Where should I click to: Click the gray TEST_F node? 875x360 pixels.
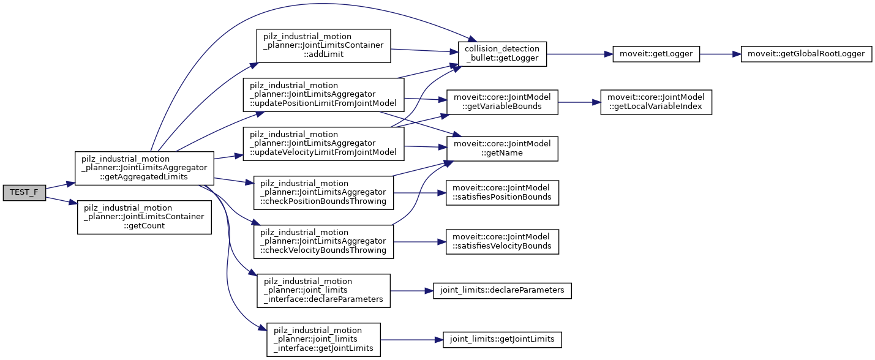(x=24, y=192)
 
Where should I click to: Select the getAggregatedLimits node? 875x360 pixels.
(x=144, y=168)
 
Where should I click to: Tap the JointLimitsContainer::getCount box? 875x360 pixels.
(x=144, y=217)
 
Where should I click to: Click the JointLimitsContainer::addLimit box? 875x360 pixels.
(x=323, y=45)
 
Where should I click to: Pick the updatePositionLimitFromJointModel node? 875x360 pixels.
(x=323, y=95)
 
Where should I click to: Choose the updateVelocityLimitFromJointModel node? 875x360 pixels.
(x=323, y=144)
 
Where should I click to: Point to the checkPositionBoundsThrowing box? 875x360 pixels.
(x=323, y=193)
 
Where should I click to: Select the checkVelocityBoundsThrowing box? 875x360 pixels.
(x=323, y=242)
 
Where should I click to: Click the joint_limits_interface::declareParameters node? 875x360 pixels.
(x=323, y=291)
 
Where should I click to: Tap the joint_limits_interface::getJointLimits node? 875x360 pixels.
(x=323, y=340)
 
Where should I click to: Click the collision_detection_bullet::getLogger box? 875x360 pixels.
(x=502, y=54)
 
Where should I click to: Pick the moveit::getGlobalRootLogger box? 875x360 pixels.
(x=806, y=54)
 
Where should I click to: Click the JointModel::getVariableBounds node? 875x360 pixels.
(x=502, y=103)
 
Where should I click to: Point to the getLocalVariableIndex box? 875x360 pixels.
(x=656, y=103)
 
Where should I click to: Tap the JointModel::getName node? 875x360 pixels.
(x=502, y=148)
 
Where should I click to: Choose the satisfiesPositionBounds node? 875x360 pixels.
(x=502, y=192)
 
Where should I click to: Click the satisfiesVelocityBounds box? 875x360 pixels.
(x=502, y=242)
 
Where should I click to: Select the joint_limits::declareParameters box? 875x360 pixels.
(x=502, y=290)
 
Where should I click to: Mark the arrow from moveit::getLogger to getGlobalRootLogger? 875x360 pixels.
(x=720, y=54)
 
